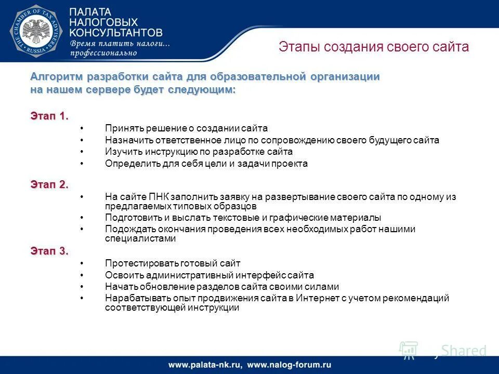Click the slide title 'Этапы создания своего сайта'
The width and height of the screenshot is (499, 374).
click(x=374, y=47)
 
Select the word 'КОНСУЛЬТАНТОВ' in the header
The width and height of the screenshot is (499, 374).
click(x=116, y=32)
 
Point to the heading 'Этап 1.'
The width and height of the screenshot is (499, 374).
click(x=49, y=116)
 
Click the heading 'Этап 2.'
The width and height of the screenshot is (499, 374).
click(x=49, y=184)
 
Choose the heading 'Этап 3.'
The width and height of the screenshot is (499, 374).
click(x=49, y=251)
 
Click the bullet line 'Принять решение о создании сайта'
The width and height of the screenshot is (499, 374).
click(x=186, y=128)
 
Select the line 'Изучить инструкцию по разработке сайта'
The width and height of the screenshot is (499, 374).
click(x=199, y=152)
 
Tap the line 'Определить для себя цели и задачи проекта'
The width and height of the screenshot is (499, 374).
click(x=206, y=164)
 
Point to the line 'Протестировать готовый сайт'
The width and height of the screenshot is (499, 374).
click(x=173, y=263)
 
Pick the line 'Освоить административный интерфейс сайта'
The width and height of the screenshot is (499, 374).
click(x=209, y=275)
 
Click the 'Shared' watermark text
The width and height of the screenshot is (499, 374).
click(x=464, y=351)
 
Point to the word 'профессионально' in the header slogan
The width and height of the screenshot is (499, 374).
click(x=103, y=52)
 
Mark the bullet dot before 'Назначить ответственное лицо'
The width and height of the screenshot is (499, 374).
click(x=82, y=140)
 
